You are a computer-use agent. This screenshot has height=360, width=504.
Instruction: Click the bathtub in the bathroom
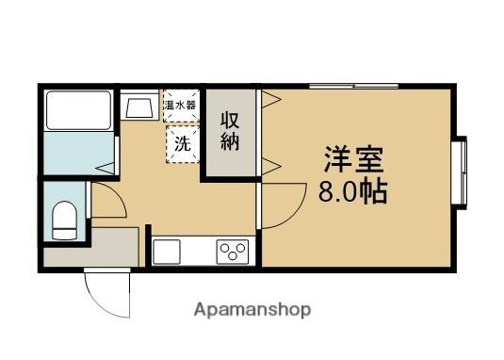tap(78, 110)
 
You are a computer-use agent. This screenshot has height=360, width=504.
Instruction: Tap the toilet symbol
tap(65, 221)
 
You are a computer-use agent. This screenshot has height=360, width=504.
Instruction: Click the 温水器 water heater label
tap(180, 106)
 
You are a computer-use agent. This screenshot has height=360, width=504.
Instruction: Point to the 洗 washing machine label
tap(183, 144)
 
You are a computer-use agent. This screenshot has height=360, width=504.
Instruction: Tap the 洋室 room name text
tap(353, 160)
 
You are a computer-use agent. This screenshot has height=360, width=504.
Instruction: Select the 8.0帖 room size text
tap(353, 192)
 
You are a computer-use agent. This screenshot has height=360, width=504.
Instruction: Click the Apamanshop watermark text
tap(252, 310)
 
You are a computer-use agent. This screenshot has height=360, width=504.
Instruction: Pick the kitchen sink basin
tap(167, 252)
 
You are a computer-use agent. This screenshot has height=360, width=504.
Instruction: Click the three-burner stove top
tap(233, 252)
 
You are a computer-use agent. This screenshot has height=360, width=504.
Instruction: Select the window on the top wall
tap(354, 86)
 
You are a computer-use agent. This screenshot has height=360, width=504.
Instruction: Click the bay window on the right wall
tap(461, 172)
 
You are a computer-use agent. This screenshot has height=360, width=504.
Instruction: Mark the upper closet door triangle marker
tap(271, 100)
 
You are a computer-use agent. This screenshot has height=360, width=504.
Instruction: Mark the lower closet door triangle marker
tap(271, 166)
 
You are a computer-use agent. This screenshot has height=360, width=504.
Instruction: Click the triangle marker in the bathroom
tap(106, 168)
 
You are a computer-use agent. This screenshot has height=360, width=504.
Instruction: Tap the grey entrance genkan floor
tap(91, 247)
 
